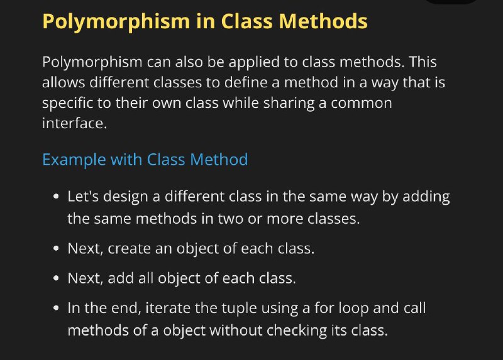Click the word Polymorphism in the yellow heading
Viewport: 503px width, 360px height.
click(x=116, y=22)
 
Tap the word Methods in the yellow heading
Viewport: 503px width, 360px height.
click(x=323, y=21)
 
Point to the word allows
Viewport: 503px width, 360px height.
click(x=64, y=82)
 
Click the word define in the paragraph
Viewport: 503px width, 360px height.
click(x=246, y=82)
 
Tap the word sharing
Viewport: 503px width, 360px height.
click(x=289, y=104)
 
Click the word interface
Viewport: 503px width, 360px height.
click(x=74, y=123)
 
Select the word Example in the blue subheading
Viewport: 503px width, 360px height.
click(x=74, y=160)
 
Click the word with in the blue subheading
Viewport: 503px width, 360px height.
click(x=126, y=160)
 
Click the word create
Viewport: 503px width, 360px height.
click(x=130, y=249)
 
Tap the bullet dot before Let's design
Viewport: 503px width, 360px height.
click(x=57, y=196)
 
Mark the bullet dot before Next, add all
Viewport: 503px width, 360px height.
click(x=57, y=278)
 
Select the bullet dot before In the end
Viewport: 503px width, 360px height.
click(x=57, y=308)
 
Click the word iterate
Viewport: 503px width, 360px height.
click(x=168, y=308)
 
